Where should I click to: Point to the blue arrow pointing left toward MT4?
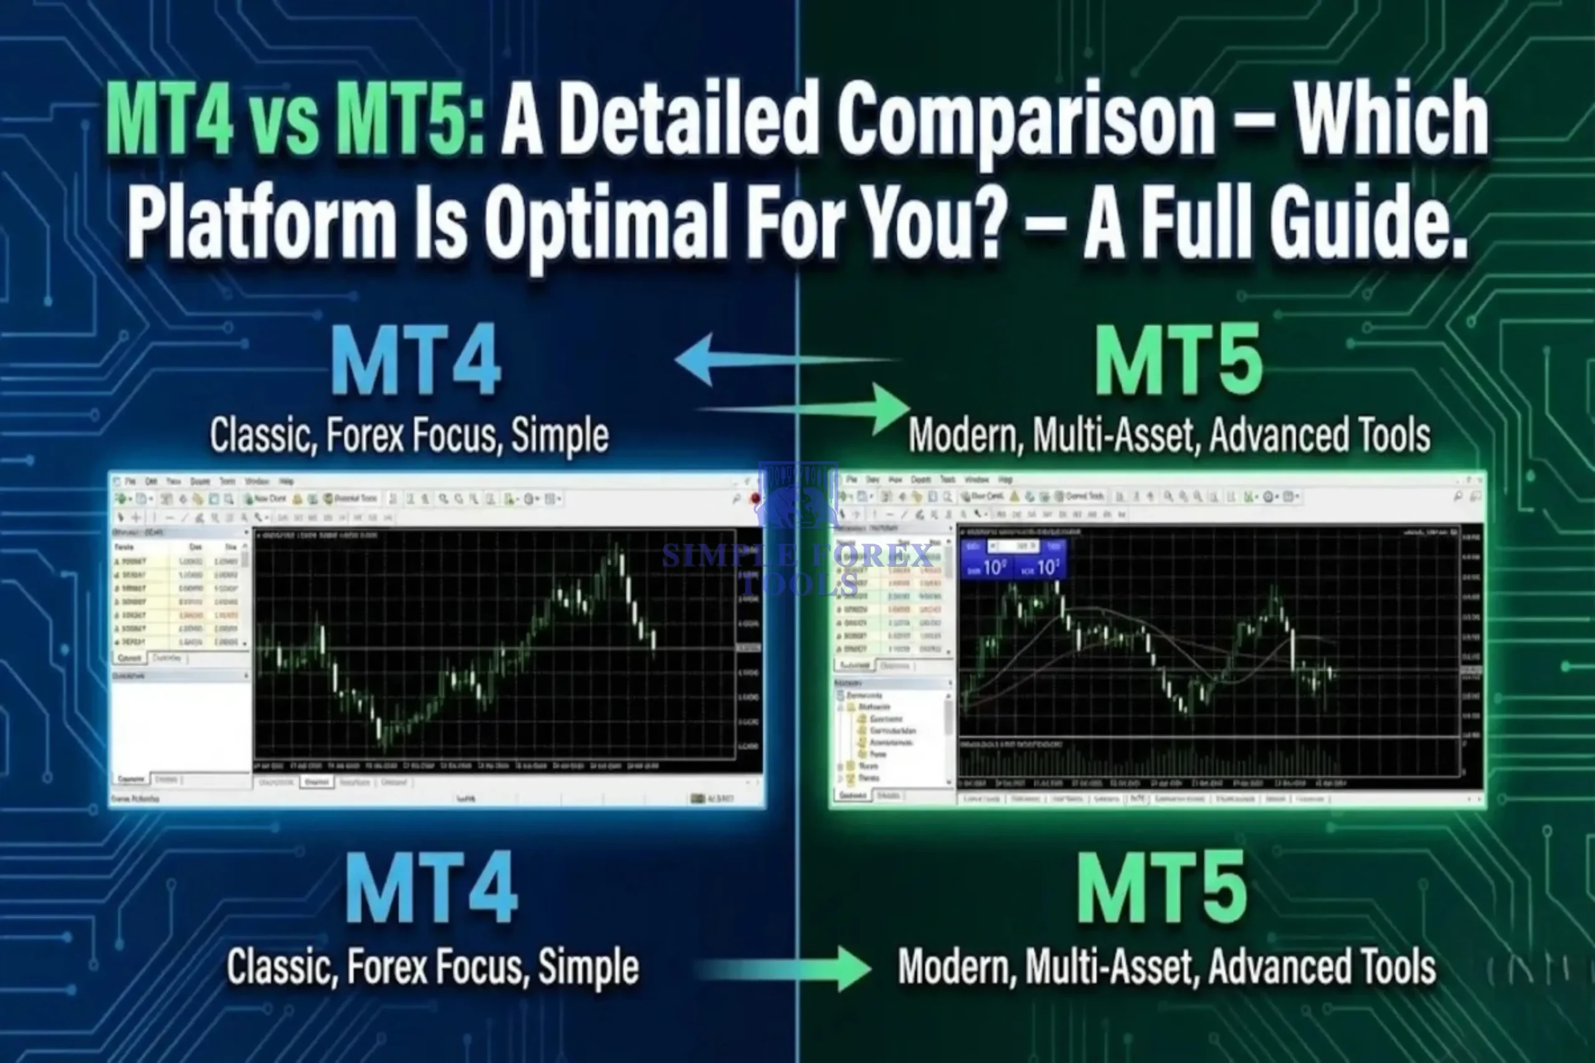tap(705, 359)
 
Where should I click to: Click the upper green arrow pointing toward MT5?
tap(882, 408)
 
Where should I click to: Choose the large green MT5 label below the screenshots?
tap(1161, 888)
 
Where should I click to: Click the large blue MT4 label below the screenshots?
tap(431, 888)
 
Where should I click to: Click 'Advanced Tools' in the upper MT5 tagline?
tap(1320, 435)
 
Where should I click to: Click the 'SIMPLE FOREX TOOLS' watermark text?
tap(797, 568)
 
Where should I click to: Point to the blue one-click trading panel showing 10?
tap(1013, 560)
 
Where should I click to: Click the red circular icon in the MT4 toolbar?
tap(755, 499)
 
